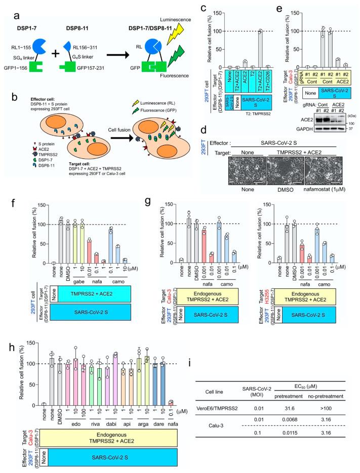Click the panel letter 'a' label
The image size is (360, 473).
pyautogui.click(x=7, y=7)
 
